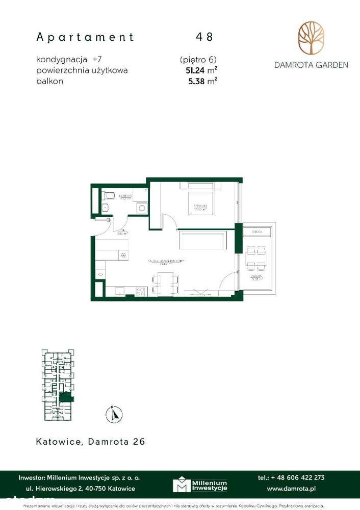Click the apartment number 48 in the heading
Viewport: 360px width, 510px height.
tap(204, 37)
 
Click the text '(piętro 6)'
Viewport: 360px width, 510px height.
tap(198, 60)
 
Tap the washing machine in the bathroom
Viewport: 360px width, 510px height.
tap(141, 208)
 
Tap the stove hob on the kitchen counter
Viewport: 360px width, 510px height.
tap(140, 291)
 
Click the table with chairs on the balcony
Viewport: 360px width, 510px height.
tap(254, 259)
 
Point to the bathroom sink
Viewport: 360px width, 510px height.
tap(105, 207)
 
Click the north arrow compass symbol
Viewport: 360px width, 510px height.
tap(114, 414)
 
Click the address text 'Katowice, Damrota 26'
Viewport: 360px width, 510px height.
tap(91, 442)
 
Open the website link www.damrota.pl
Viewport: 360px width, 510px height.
tap(291, 489)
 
